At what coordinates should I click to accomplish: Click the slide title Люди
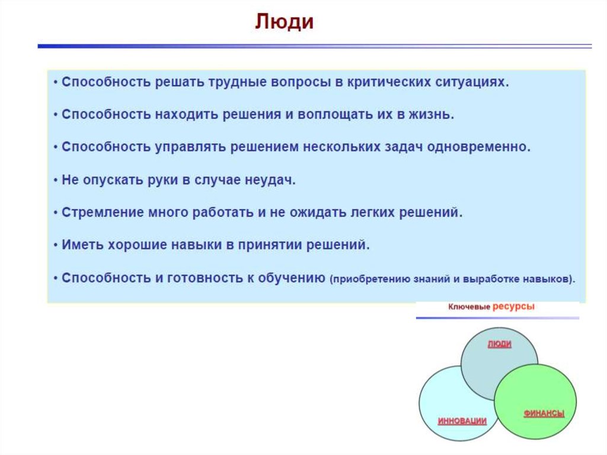click(x=284, y=22)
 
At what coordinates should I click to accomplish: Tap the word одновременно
click(x=478, y=147)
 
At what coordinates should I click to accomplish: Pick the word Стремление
click(x=103, y=213)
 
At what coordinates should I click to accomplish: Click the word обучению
click(x=292, y=278)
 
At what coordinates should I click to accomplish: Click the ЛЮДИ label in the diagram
click(x=499, y=344)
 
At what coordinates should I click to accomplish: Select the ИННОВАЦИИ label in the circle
click(x=462, y=421)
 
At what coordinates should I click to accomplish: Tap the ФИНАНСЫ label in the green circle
click(x=544, y=413)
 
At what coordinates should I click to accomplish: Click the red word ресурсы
click(x=513, y=307)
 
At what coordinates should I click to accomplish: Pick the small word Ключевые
click(x=469, y=307)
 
